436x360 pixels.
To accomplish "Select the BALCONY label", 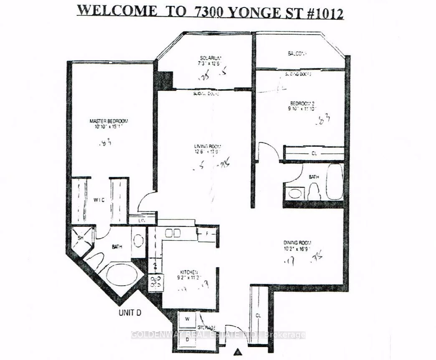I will (297, 53).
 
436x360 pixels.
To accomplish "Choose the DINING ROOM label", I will (298, 243).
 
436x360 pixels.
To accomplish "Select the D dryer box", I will (187, 339).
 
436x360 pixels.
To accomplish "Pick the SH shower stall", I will (81, 238).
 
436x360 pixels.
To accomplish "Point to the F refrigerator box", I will (207, 233).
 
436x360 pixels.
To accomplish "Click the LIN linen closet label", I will (142, 219).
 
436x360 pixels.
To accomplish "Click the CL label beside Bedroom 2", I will (314, 154).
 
